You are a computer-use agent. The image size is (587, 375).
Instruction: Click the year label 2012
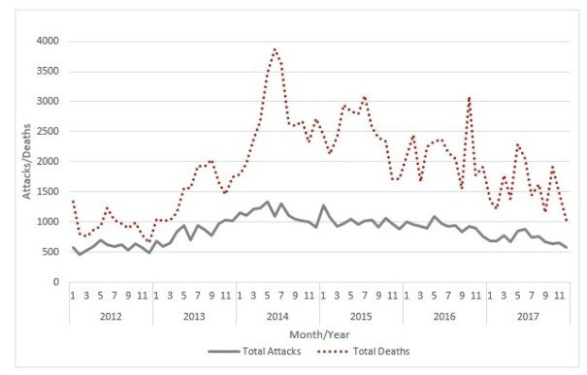[x=111, y=316]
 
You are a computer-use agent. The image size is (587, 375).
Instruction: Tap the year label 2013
[x=194, y=316]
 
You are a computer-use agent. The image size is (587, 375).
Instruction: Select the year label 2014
[x=277, y=316]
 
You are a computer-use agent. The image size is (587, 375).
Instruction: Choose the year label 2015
[x=361, y=316]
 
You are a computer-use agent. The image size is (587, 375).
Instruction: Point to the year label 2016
[x=444, y=316]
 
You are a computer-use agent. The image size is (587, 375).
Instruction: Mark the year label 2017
[x=528, y=316]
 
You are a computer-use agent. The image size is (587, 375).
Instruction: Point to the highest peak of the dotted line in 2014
[x=276, y=48]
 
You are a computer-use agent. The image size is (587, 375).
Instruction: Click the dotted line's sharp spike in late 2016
[x=470, y=97]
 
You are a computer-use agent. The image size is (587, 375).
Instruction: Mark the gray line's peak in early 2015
[x=323, y=205]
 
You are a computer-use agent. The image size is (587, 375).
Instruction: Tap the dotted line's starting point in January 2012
[x=73, y=201]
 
